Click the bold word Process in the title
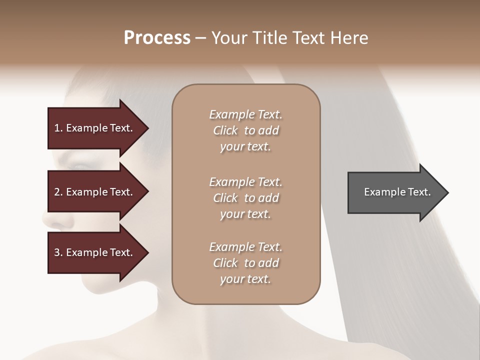pyautogui.click(x=157, y=38)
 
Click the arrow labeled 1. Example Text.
pyautogui.click(x=95, y=128)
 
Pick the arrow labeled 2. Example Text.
pyautogui.click(x=95, y=192)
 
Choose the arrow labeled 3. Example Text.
pyautogui.click(x=95, y=252)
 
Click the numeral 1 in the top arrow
pyautogui.click(x=56, y=128)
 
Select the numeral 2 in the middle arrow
pyautogui.click(x=56, y=192)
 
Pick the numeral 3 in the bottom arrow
pyautogui.click(x=56, y=252)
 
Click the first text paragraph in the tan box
pyautogui.click(x=245, y=130)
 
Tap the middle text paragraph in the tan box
pyautogui.click(x=245, y=198)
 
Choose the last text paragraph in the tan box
pyautogui.click(x=245, y=263)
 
